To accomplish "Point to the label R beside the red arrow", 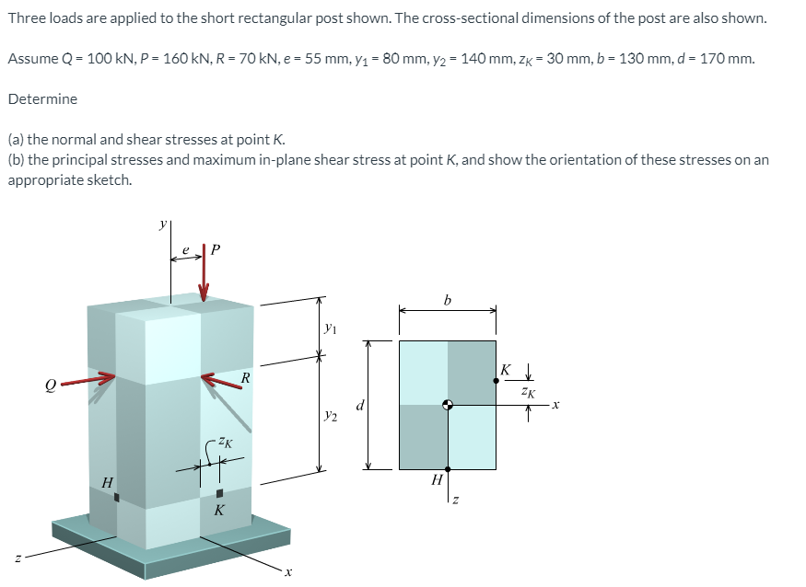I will click(245, 376).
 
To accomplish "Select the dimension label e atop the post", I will click(186, 248).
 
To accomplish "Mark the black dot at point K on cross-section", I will click(496, 380).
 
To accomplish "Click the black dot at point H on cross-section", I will click(448, 469).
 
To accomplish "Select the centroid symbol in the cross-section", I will click(448, 405).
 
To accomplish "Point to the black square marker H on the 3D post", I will click(117, 498).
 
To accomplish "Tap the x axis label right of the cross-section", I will click(557, 405).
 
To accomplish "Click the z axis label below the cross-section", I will click(454, 501).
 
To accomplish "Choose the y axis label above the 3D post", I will click(163, 223).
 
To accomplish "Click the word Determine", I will click(42, 98).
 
